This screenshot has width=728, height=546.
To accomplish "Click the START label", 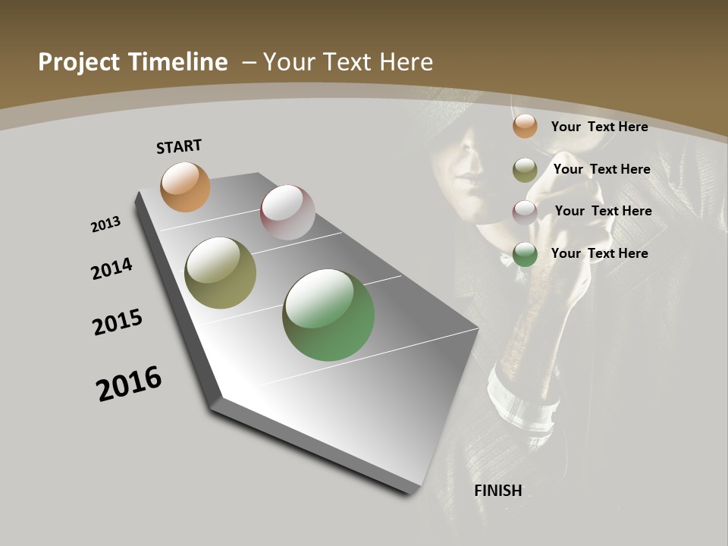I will click(x=179, y=146).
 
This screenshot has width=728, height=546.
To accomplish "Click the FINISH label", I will click(x=498, y=491).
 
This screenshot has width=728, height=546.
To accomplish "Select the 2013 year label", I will click(x=105, y=224).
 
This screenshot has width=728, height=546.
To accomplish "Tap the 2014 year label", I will click(x=112, y=268).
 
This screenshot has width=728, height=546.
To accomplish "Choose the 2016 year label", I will click(x=129, y=384).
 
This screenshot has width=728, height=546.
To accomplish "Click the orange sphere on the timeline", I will click(x=185, y=187).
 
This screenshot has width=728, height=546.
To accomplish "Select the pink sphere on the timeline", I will click(x=287, y=212).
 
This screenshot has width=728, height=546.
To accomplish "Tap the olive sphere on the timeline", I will click(x=220, y=273).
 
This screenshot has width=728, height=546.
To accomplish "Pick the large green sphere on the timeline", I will click(x=328, y=315).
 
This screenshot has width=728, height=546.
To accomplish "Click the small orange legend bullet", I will click(x=525, y=126).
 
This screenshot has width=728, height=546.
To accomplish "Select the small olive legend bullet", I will click(x=525, y=170).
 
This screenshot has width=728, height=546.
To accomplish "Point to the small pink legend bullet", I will click(x=525, y=212).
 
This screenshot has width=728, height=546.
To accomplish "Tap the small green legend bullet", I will click(x=525, y=255).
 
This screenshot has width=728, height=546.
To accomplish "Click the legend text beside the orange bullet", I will click(x=599, y=127).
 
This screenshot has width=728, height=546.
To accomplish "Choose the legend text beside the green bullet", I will click(x=599, y=253).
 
